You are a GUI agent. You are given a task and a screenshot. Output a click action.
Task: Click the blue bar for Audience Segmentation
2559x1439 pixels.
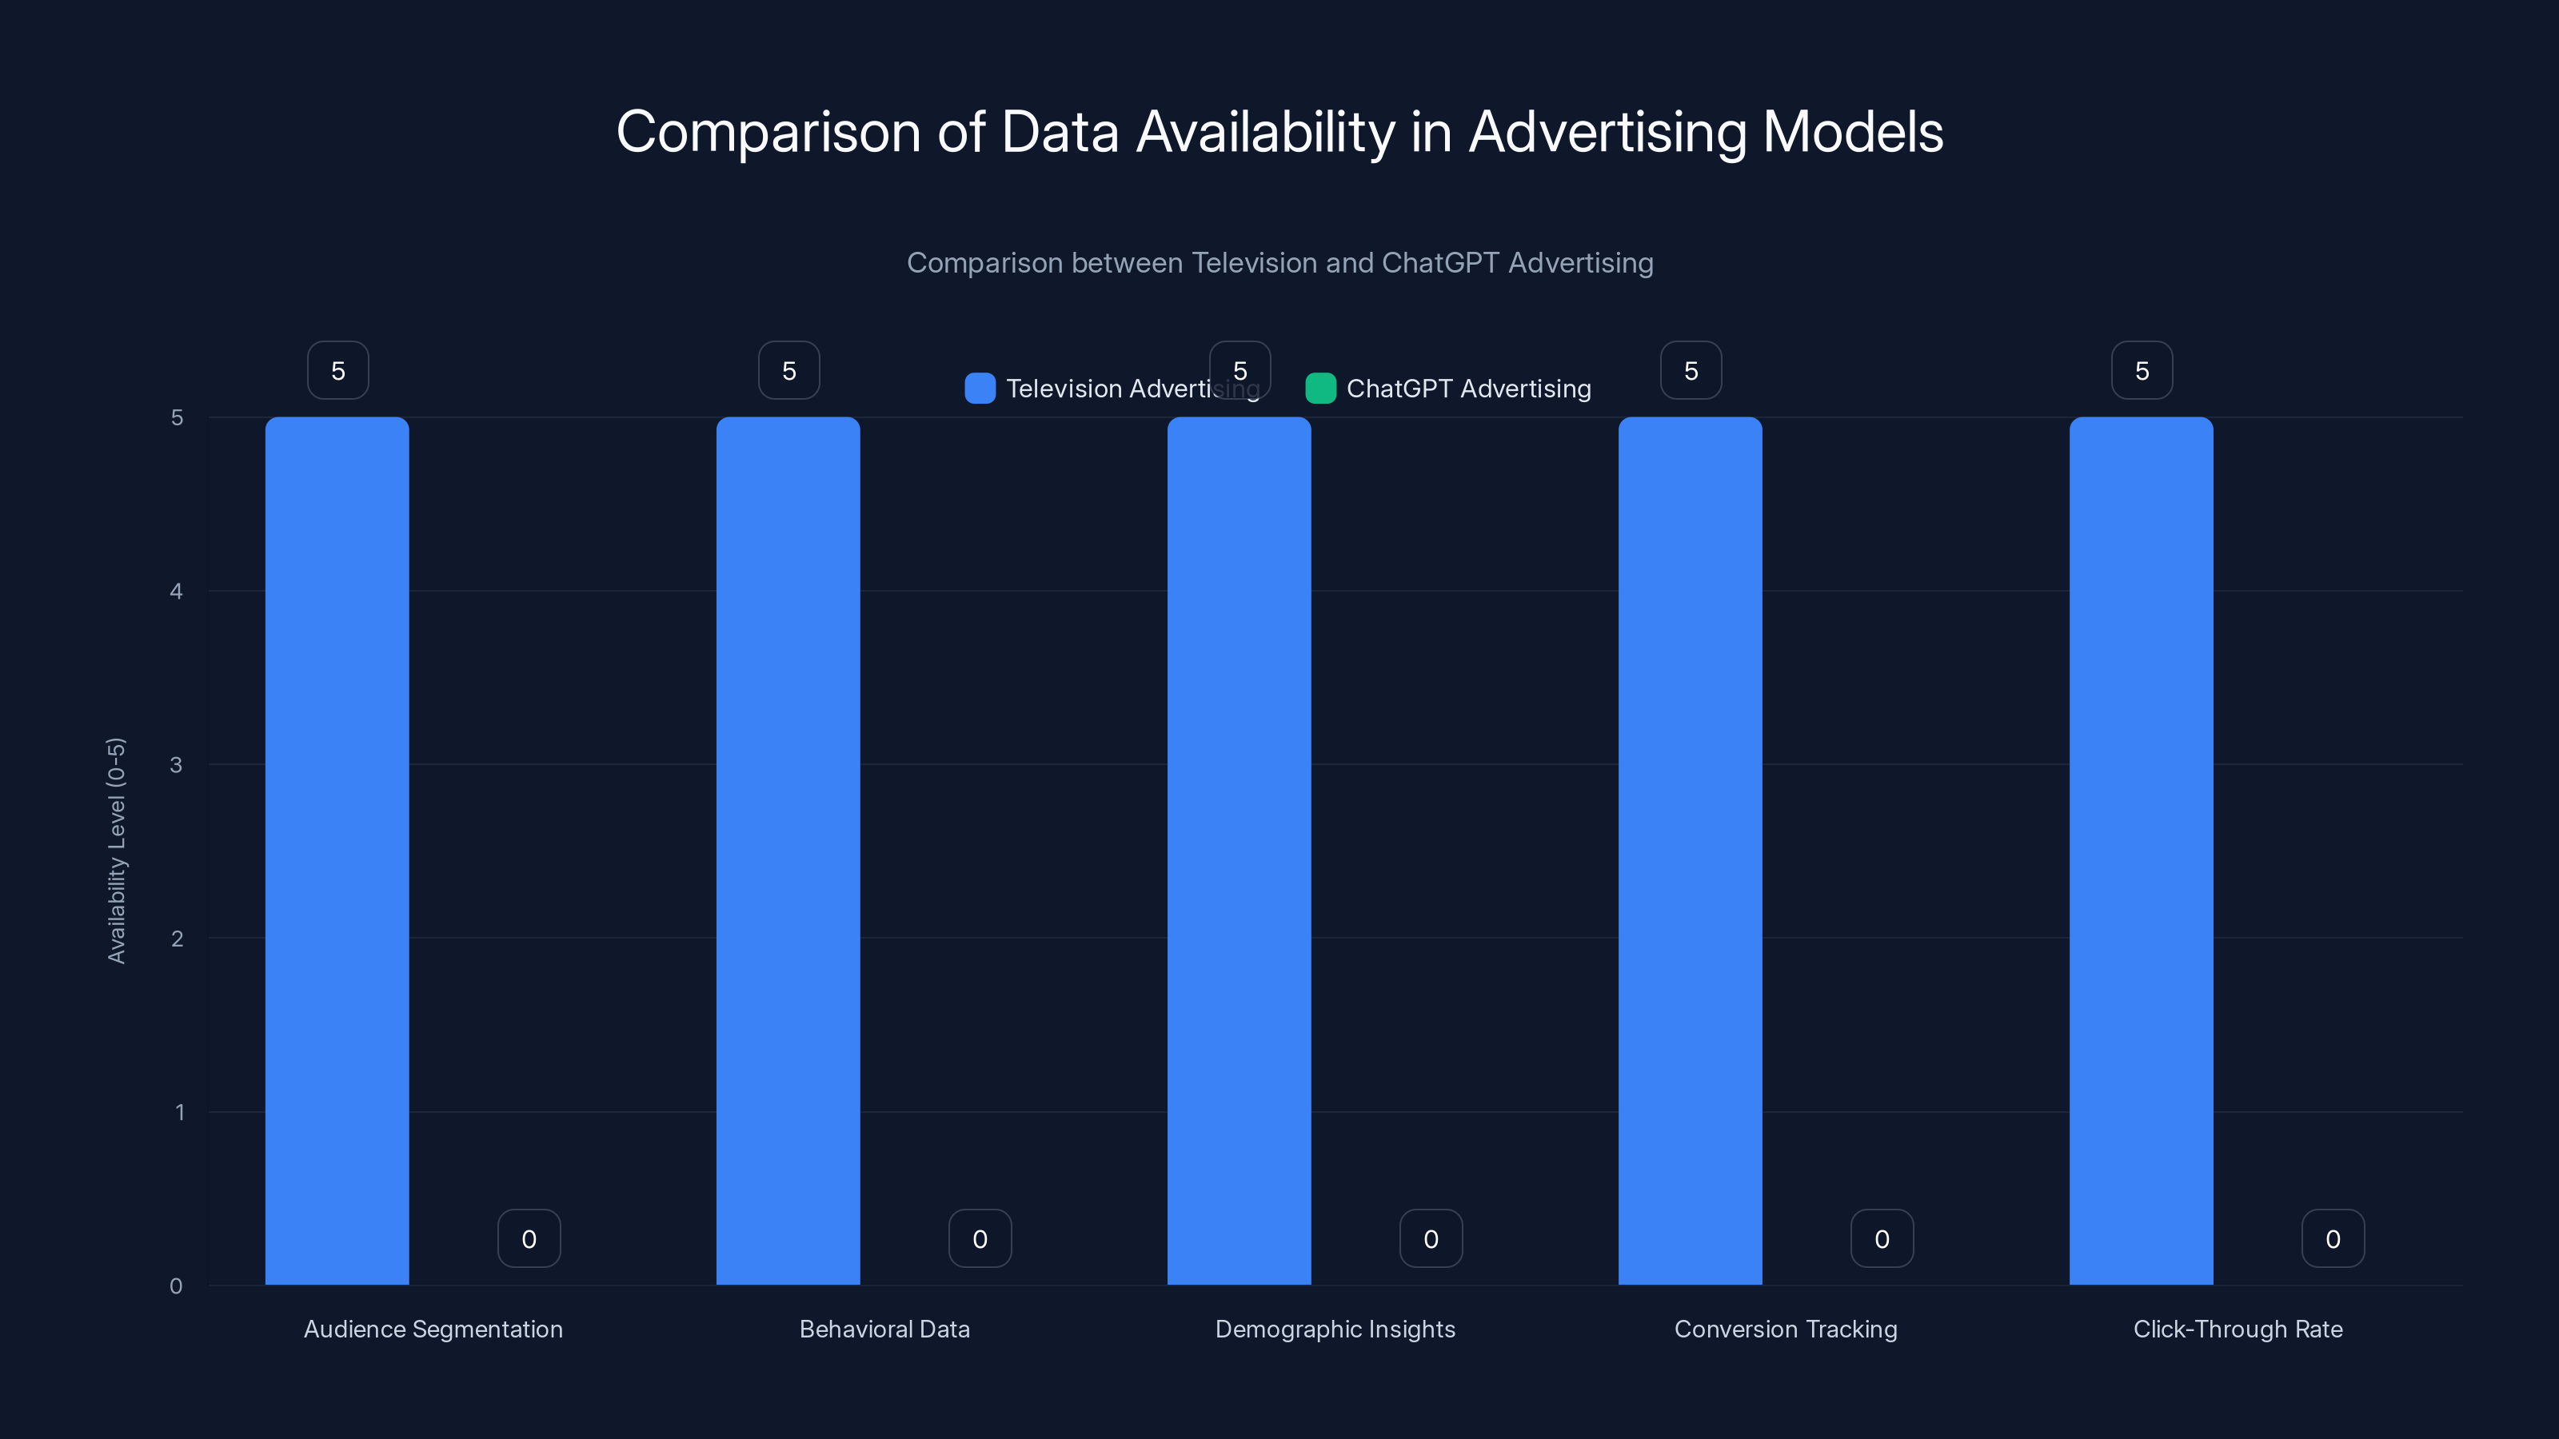337,850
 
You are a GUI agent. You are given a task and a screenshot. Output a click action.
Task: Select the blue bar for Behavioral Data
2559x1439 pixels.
788,850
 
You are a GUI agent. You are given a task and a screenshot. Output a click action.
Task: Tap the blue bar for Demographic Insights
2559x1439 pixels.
1239,850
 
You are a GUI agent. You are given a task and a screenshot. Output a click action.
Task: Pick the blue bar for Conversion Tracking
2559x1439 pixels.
1690,850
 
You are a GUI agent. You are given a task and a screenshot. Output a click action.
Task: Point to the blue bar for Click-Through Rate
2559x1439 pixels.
2141,850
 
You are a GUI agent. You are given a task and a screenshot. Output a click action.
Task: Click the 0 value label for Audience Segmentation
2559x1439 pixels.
529,1238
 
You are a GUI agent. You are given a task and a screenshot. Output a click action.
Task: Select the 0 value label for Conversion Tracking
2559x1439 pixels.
1882,1238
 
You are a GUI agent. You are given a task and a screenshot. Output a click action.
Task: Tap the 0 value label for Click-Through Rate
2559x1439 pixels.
2333,1238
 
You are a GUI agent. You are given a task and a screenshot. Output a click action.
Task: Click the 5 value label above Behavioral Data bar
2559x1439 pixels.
788,370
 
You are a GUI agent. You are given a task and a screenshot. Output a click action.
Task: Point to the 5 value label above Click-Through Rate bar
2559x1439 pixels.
2142,370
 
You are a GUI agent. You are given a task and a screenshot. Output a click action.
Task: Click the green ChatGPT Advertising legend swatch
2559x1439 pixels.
1320,389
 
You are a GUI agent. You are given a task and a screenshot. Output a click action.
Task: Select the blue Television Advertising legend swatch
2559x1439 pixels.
980,389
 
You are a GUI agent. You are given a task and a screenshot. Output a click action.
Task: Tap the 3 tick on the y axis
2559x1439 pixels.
176,765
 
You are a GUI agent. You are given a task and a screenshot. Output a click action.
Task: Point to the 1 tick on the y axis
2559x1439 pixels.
180,1112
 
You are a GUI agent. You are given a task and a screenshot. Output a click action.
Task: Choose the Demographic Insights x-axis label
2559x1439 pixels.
1335,1329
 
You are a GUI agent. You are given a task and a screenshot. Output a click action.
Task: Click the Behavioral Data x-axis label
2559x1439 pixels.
884,1329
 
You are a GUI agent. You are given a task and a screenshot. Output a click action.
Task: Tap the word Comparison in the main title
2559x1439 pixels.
768,132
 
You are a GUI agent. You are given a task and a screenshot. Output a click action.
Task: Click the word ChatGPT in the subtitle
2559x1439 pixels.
1439,263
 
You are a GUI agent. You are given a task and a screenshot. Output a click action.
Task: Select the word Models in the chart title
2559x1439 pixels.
1853,132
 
